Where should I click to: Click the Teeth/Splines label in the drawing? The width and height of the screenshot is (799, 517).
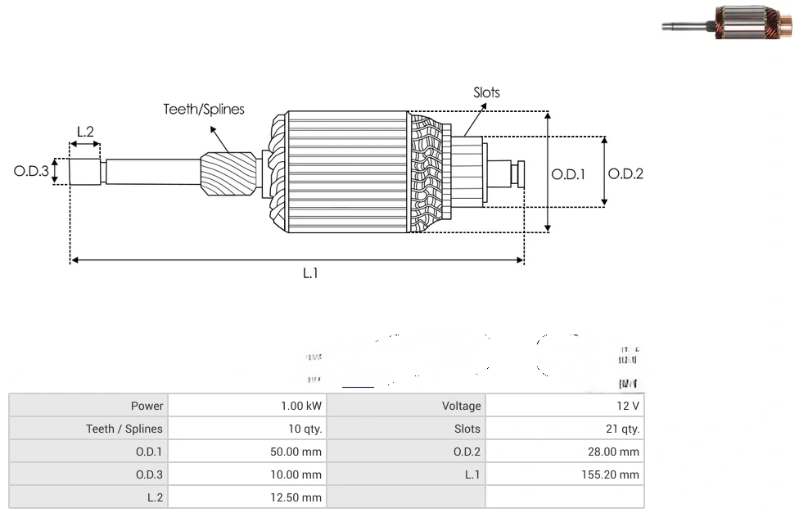tap(204, 110)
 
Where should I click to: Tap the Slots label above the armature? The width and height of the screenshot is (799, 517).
tap(486, 92)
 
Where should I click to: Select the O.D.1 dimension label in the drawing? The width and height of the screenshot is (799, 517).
tap(568, 173)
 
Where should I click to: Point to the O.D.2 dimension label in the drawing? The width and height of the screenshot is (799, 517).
tap(625, 173)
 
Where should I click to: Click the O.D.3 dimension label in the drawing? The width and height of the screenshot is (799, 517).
tap(31, 172)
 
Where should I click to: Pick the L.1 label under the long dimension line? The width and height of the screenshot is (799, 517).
tap(310, 274)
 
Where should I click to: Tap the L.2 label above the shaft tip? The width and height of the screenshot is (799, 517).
tap(85, 132)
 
